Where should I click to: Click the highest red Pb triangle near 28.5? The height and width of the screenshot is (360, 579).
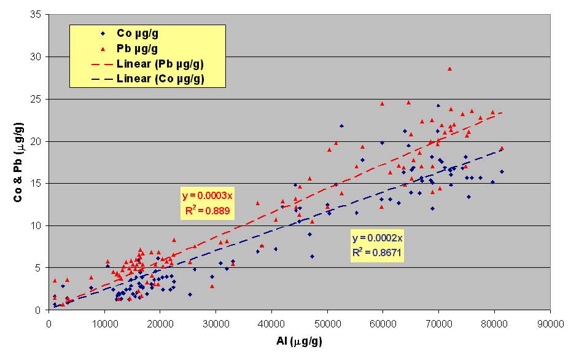click(x=449, y=69)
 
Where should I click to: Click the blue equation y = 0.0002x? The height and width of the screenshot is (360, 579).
click(x=378, y=238)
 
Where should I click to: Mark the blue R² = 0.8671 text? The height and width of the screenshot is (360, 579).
click(x=378, y=252)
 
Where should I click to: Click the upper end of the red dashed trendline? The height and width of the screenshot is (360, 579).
click(x=502, y=112)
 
